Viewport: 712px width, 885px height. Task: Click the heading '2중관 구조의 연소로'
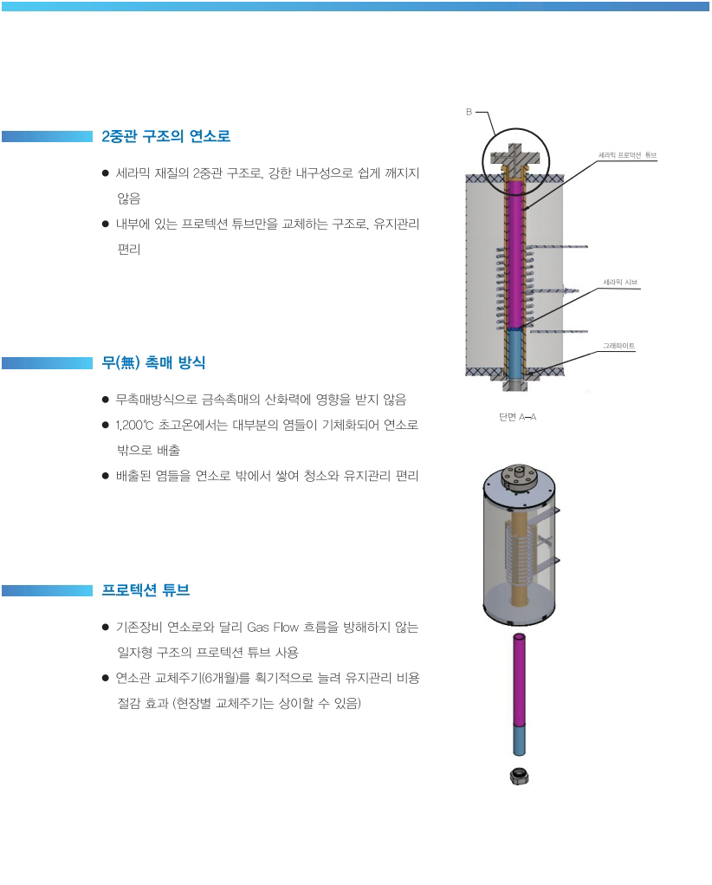coord(165,136)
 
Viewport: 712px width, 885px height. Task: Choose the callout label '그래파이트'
coord(619,346)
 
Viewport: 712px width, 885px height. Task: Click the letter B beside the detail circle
coord(468,112)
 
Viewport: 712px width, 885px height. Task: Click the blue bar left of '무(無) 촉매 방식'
coord(47,363)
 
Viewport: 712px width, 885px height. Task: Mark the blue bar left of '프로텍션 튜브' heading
coord(47,590)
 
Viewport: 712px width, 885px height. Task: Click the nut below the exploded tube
coord(520,776)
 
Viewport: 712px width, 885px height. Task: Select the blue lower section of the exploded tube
coord(519,740)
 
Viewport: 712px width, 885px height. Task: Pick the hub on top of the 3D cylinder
coord(520,476)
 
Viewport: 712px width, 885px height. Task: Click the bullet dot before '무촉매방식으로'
coord(106,400)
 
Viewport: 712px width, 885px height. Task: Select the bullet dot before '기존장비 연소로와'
coord(106,627)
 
